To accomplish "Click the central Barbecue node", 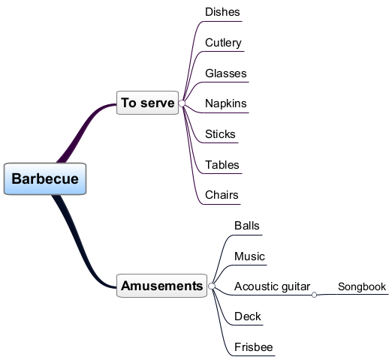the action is (45, 178).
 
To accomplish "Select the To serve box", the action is (147, 103).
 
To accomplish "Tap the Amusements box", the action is (161, 286).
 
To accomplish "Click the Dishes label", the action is (222, 12).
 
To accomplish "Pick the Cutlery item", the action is (223, 43).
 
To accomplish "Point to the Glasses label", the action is (226, 73).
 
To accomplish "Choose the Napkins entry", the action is (226, 103).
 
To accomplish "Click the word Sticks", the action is (220, 134).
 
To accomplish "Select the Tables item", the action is (222, 165).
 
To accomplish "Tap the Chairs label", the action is (222, 195).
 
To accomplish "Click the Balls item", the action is (247, 226).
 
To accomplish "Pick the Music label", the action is (249, 256).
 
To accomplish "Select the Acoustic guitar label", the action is (273, 286).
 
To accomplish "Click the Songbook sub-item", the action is (362, 286).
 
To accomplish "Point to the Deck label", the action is (248, 316).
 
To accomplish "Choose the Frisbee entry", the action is (254, 347).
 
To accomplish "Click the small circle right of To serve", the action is (182, 103).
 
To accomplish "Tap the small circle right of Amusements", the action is (212, 286).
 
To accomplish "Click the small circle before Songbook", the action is (315, 295).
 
